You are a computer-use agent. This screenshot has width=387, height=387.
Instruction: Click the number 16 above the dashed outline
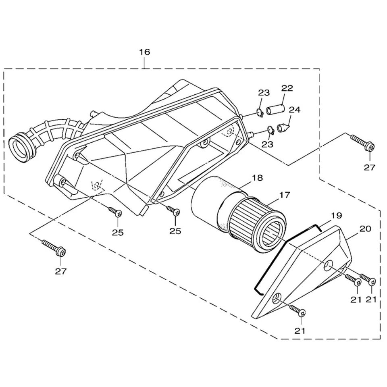coord(144,52)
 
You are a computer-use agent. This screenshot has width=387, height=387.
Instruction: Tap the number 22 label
coord(287,88)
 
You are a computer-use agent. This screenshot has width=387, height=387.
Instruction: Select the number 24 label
coord(294,109)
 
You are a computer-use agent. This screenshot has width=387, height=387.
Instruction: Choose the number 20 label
coord(365,228)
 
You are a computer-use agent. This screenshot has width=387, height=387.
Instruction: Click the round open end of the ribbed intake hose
coord(21,147)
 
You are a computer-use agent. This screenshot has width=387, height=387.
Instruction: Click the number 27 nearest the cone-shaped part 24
coord(369,167)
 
